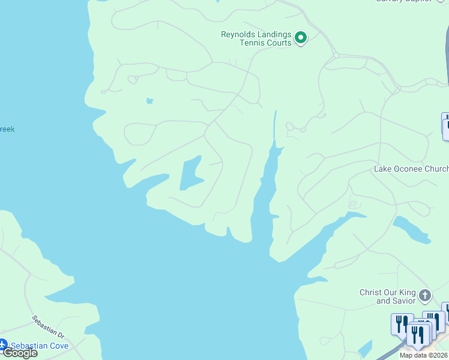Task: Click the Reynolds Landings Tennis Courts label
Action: (256, 38)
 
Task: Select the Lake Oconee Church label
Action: (411, 169)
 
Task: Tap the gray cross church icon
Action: (425, 295)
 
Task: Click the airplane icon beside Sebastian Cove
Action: (2, 345)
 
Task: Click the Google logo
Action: (19, 353)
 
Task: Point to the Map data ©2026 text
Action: (424, 355)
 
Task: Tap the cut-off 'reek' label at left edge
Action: (7, 129)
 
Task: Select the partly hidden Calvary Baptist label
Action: (403, 1)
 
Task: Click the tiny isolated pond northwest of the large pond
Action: (149, 101)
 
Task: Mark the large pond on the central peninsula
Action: (191, 173)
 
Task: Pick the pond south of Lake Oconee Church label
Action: (412, 230)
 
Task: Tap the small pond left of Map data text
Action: (364, 348)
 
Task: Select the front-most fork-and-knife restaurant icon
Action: (416, 335)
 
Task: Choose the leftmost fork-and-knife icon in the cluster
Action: (400, 324)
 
